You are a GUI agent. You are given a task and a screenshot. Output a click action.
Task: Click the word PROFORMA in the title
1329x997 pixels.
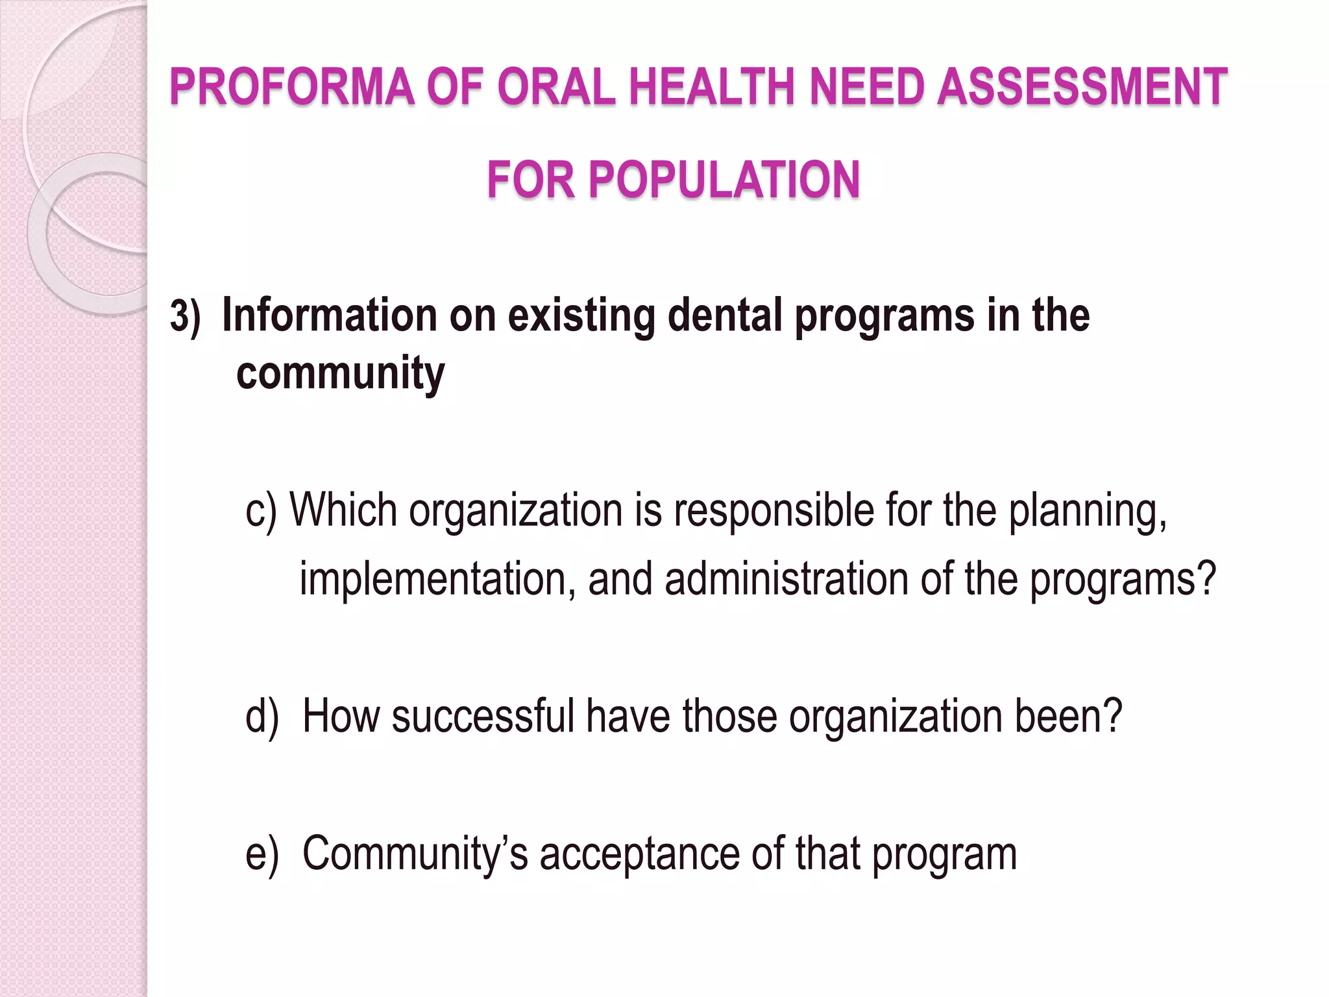pyautogui.click(x=292, y=87)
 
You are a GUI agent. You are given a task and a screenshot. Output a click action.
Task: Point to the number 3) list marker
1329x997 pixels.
pyautogui.click(x=185, y=317)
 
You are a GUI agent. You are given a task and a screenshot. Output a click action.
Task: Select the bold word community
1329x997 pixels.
pyautogui.click(x=340, y=374)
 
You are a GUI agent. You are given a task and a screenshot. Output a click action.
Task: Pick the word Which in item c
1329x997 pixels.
pyautogui.click(x=343, y=510)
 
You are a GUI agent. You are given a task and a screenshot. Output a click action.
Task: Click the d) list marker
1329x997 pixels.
pyautogui.click(x=262, y=717)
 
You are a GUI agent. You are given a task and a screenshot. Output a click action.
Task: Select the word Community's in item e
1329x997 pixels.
pyautogui.click(x=415, y=854)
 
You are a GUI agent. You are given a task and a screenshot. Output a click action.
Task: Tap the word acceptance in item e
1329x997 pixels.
pyautogui.click(x=640, y=855)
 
